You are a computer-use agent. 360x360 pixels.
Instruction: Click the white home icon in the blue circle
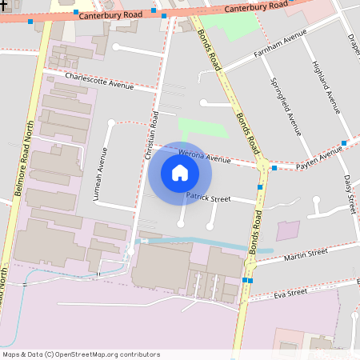(x=180, y=173)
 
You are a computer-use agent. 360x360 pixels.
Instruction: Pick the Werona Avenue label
(x=204, y=155)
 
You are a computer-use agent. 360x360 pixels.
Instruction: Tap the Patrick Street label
(x=208, y=197)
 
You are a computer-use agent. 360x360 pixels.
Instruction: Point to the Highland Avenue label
(x=326, y=90)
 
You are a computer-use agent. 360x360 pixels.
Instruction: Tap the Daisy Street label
(x=349, y=194)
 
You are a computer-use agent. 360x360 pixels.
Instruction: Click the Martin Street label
(x=306, y=254)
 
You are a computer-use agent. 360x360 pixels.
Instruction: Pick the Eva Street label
(x=290, y=293)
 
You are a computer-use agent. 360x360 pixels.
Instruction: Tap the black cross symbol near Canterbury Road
(x=3, y=4)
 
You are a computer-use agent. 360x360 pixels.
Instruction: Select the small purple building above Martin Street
(x=288, y=230)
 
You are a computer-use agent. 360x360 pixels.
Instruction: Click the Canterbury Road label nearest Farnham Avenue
(x=255, y=7)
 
